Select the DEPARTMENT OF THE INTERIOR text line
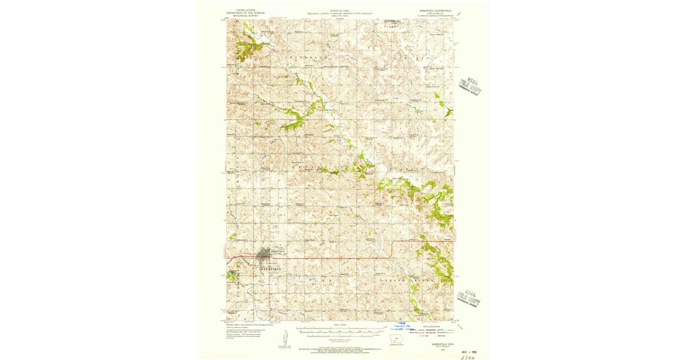244,13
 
